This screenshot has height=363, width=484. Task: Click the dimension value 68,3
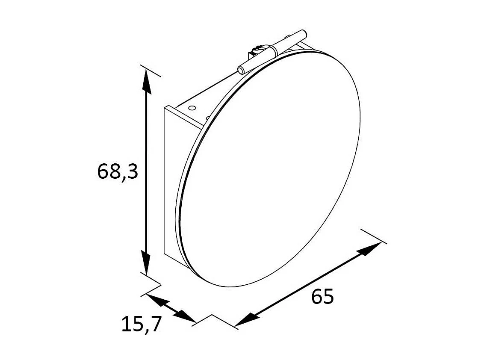118,172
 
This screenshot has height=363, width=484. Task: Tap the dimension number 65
322,297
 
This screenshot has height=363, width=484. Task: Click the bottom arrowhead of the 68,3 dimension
146,263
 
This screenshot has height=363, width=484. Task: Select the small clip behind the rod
257,50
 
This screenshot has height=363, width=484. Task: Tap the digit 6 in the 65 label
317,297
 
